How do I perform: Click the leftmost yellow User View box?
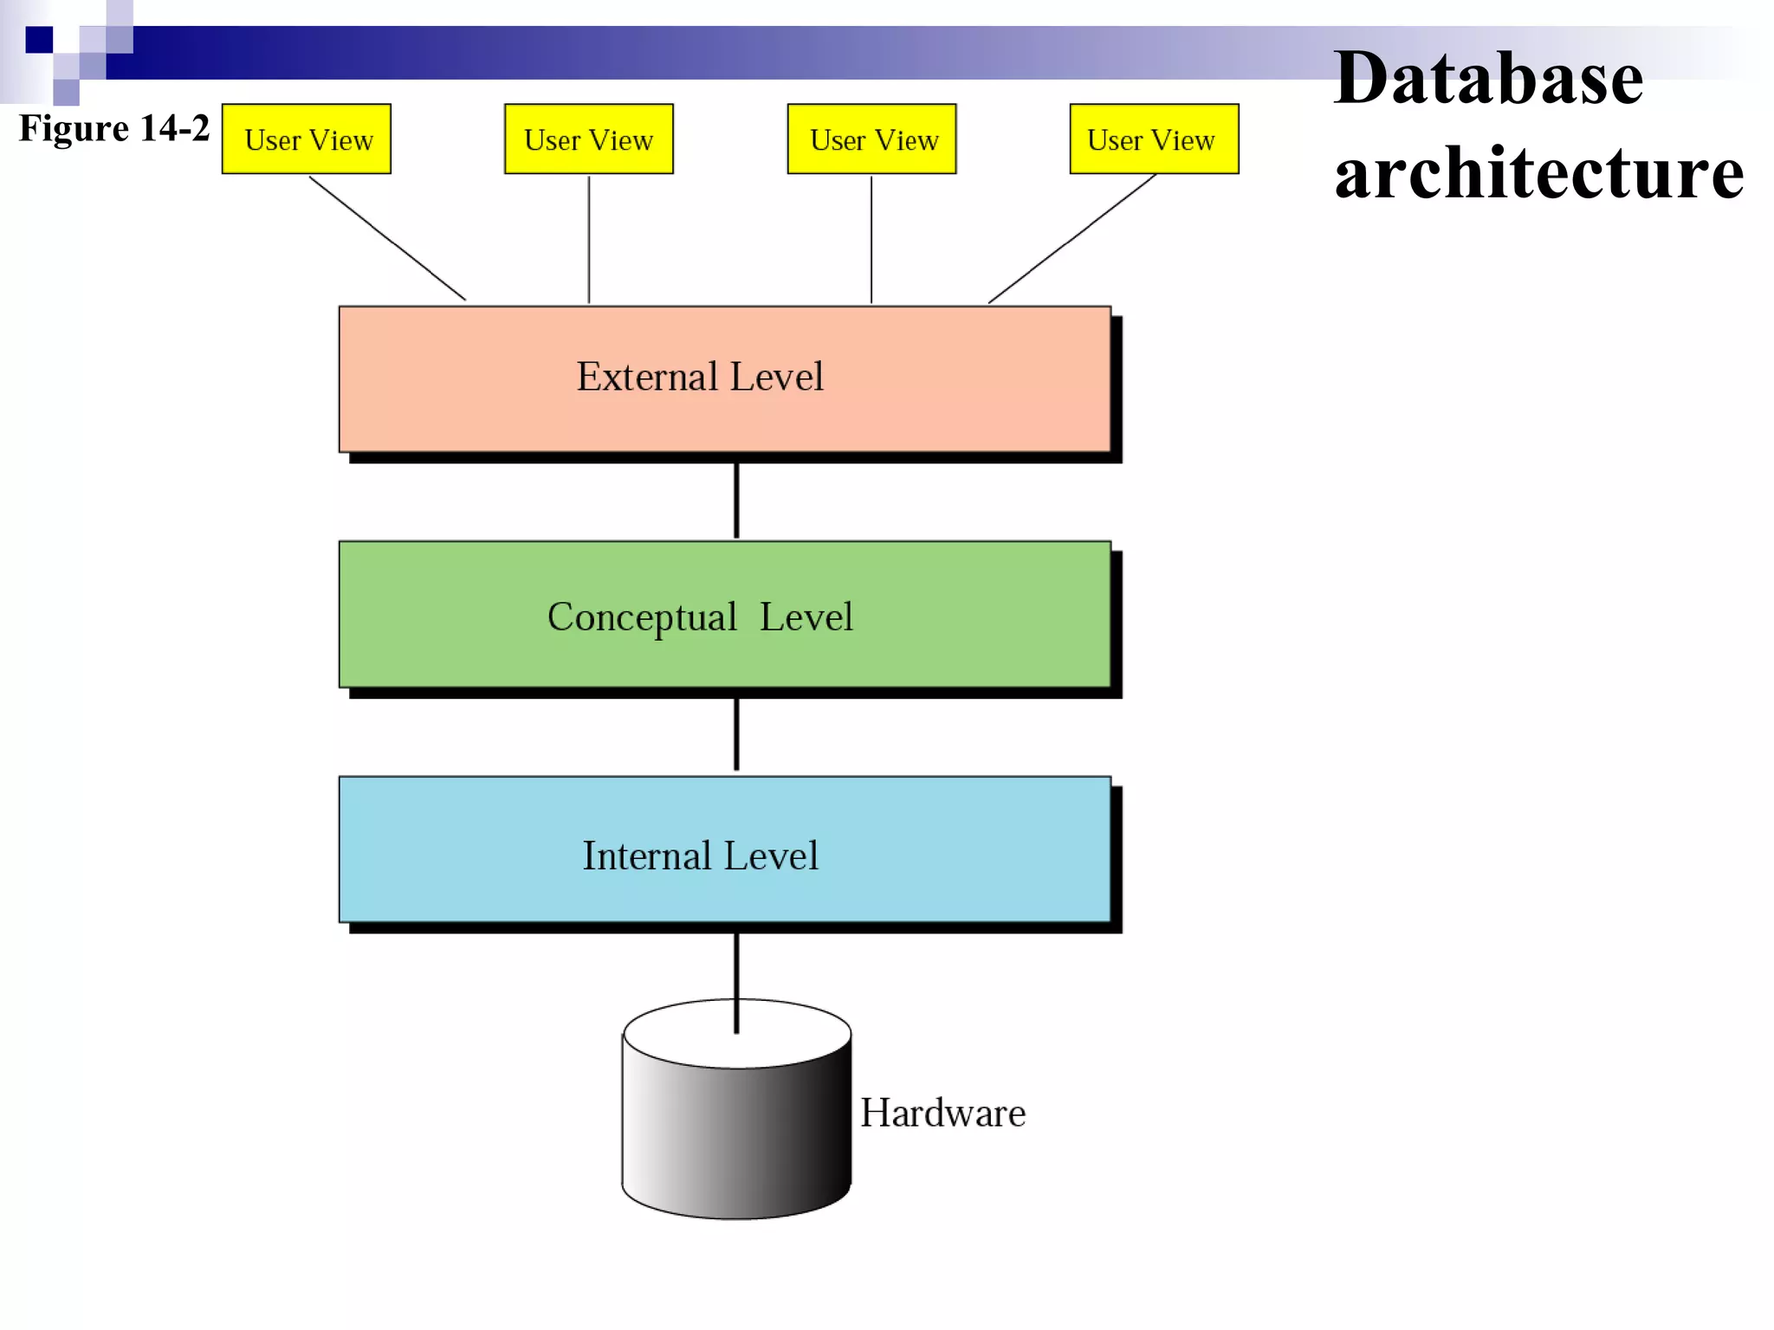pyautogui.click(x=307, y=139)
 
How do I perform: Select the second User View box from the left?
pyautogui.click(x=589, y=139)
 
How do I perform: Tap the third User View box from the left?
pyautogui.click(x=871, y=139)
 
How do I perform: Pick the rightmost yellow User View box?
pyautogui.click(x=1154, y=139)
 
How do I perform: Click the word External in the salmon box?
pyautogui.click(x=647, y=378)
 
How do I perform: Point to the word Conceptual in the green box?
pyautogui.click(x=642, y=617)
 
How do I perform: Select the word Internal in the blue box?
pyautogui.click(x=647, y=856)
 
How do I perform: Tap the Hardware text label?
pyautogui.click(x=942, y=1114)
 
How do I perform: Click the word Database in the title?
pyautogui.click(x=1488, y=79)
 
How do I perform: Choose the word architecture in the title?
pyautogui.click(x=1538, y=173)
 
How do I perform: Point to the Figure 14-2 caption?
pyautogui.click(x=114, y=128)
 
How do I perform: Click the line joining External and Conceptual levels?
pyautogui.click(x=736, y=500)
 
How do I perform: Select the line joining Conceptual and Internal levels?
pyautogui.click(x=736, y=734)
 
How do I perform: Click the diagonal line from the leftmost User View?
pyautogui.click(x=387, y=238)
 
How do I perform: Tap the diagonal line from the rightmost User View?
pyautogui.click(x=1072, y=238)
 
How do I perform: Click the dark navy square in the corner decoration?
pyautogui.click(x=39, y=40)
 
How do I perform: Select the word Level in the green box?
pyautogui.click(x=806, y=617)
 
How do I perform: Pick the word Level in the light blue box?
pyautogui.click(x=770, y=856)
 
